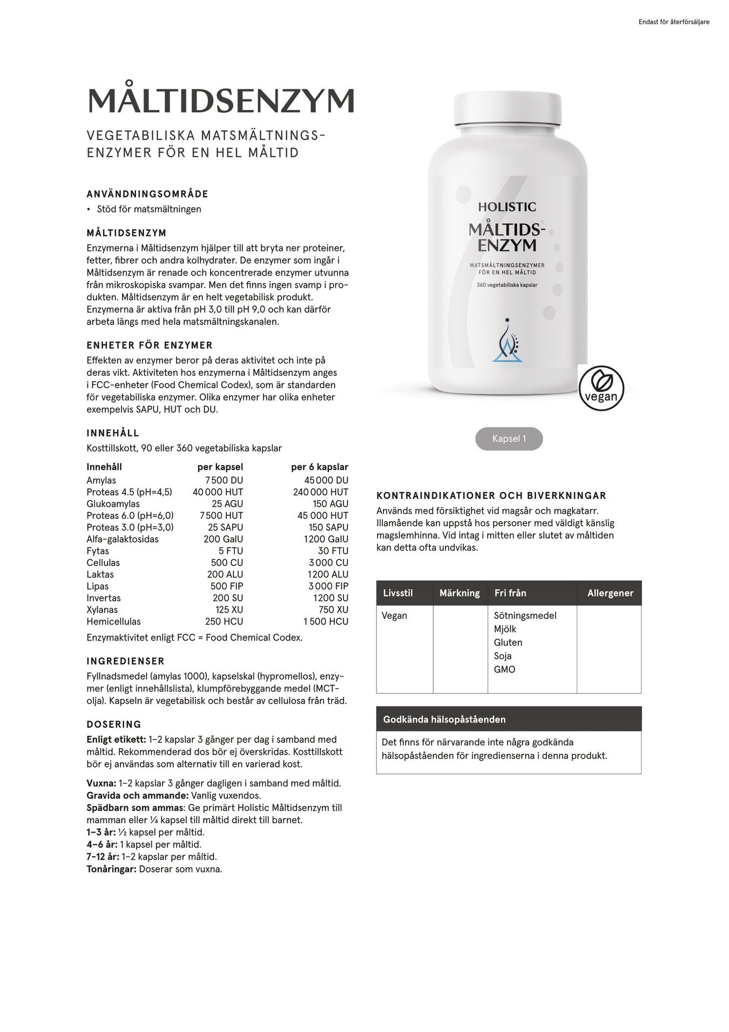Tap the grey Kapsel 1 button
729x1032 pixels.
[x=509, y=439]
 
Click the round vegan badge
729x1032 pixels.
[x=601, y=388]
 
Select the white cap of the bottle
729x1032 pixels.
[x=508, y=108]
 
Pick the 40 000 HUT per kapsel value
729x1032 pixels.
[x=218, y=492]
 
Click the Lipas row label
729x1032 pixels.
[x=98, y=586]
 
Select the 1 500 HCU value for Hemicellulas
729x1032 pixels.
[x=326, y=622]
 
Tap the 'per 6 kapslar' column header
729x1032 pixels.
[x=320, y=467]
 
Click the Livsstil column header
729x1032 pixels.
[x=398, y=593]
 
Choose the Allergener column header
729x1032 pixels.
[x=610, y=593]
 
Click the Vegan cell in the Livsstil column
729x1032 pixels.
[x=394, y=616]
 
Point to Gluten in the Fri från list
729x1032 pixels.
[x=508, y=642]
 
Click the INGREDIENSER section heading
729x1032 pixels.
[x=125, y=661]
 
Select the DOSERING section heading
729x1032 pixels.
[x=114, y=724]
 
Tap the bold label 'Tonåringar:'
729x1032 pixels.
[x=111, y=869]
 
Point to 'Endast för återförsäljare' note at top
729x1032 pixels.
[x=673, y=22]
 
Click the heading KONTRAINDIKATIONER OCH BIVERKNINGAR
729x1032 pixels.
[x=491, y=496]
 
